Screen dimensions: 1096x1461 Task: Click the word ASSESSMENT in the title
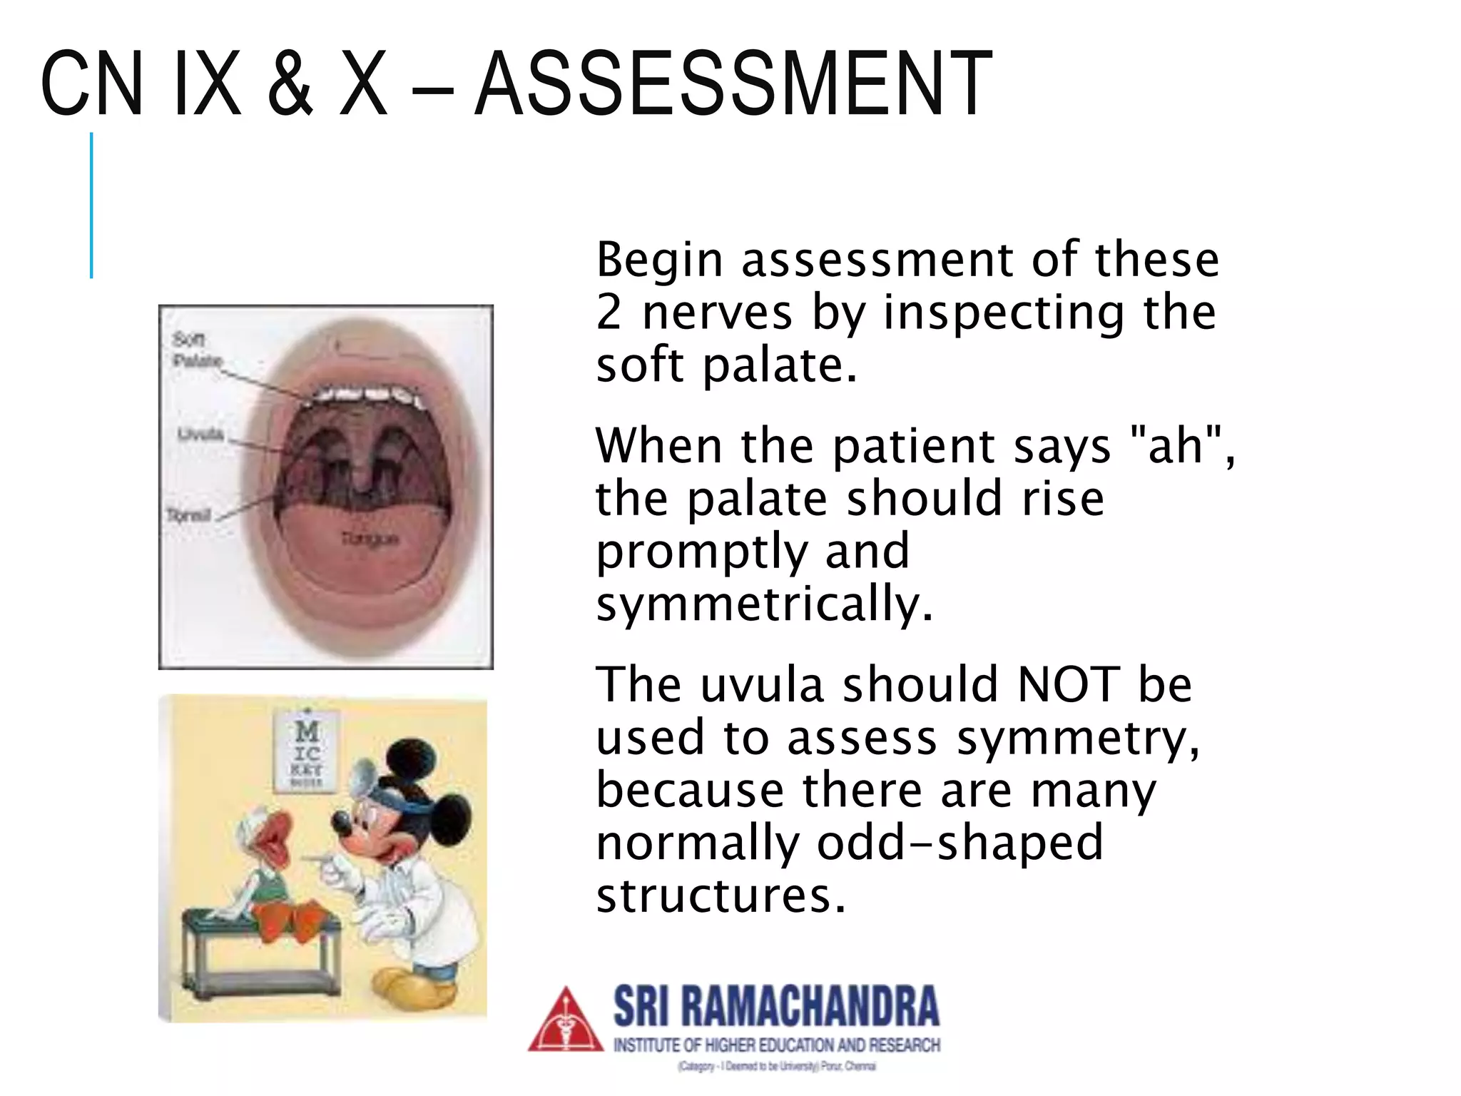(x=733, y=83)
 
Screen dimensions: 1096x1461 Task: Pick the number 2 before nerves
(x=609, y=313)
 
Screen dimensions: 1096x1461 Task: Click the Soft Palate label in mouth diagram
(x=195, y=350)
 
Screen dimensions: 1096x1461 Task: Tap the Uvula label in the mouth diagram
(x=200, y=435)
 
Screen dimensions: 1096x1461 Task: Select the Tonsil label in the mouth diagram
(x=188, y=514)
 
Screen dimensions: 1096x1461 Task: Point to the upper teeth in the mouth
(x=365, y=395)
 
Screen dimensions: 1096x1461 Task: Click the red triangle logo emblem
(x=566, y=1020)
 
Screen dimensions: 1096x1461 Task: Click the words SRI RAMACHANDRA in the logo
(x=776, y=1006)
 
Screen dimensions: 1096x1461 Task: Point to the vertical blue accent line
(x=91, y=205)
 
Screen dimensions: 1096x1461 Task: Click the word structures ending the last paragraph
(x=721, y=896)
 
